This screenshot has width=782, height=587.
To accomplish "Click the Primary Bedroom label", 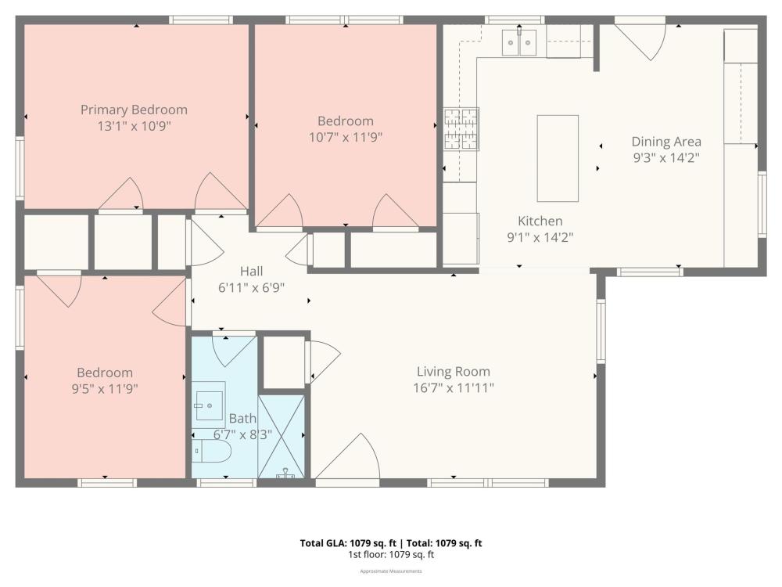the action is pyautogui.click(x=134, y=110).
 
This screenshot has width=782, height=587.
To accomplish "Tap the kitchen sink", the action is pyautogui.click(x=519, y=42).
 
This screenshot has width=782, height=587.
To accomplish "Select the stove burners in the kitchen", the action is pyautogui.click(x=461, y=129).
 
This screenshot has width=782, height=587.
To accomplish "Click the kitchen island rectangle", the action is pyautogui.click(x=558, y=158).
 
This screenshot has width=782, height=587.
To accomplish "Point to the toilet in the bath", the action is pyautogui.click(x=211, y=452).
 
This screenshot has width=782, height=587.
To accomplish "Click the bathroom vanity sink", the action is pyautogui.click(x=210, y=405).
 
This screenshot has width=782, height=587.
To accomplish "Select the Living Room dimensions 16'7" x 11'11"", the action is pyautogui.click(x=454, y=388).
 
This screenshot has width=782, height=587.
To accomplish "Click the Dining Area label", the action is pyautogui.click(x=666, y=142).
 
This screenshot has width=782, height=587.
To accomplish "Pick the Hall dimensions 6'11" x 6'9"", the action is pyautogui.click(x=251, y=287).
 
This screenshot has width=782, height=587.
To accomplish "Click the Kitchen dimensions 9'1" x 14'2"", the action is pyautogui.click(x=540, y=237).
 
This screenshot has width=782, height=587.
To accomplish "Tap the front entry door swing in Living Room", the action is pyautogui.click(x=349, y=457).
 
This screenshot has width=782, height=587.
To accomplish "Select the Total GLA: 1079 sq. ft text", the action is pyautogui.click(x=348, y=543).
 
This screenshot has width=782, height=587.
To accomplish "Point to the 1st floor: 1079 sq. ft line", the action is pyautogui.click(x=391, y=555).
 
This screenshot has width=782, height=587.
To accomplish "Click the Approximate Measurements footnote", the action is pyautogui.click(x=391, y=571).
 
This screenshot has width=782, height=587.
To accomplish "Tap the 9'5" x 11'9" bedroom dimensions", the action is pyautogui.click(x=105, y=388).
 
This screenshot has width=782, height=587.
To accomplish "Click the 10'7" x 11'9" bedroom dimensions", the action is pyautogui.click(x=346, y=137).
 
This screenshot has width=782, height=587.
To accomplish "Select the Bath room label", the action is pyautogui.click(x=243, y=418).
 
